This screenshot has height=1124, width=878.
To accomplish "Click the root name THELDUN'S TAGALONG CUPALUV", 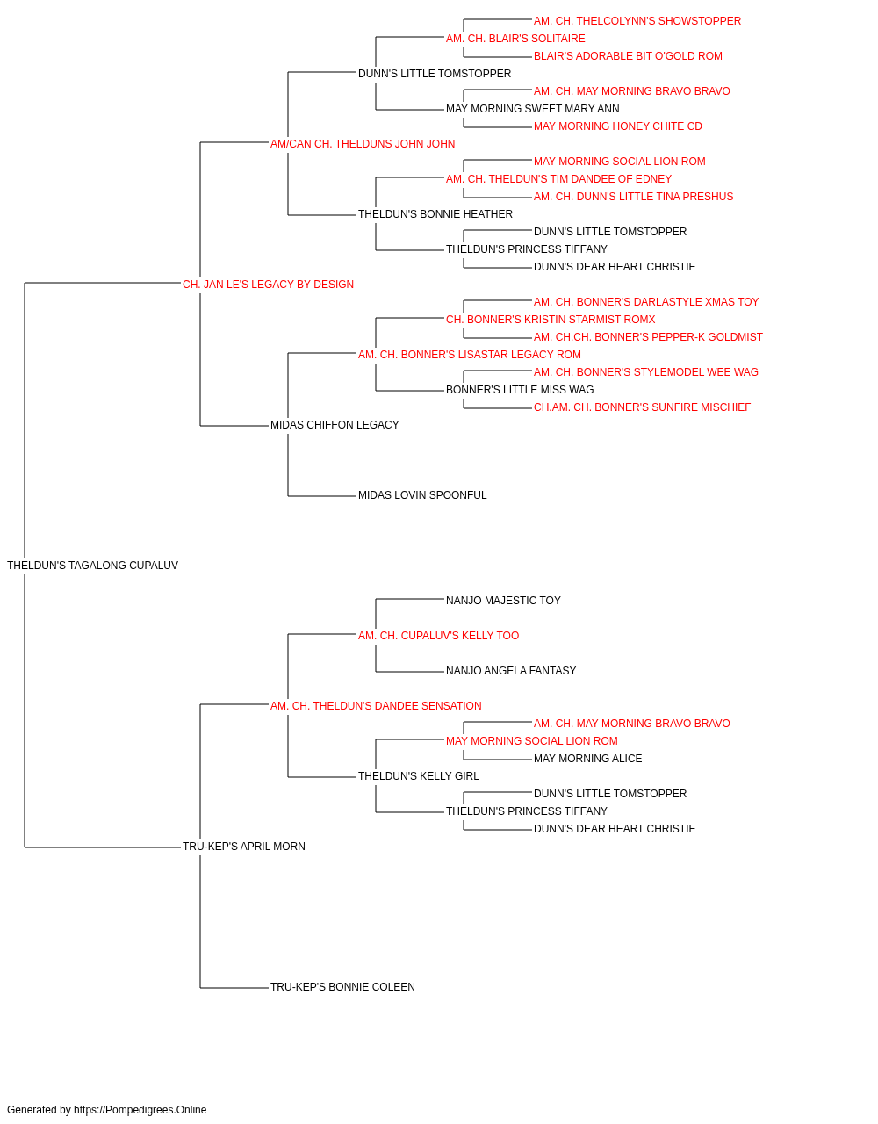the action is [92, 566].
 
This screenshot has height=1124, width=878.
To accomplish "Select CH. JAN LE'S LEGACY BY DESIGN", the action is [268, 285].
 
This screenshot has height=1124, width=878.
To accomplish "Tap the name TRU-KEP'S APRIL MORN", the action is [243, 847].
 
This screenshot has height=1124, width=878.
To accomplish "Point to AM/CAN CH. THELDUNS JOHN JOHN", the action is [363, 144].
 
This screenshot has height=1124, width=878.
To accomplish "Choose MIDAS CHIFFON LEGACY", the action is [335, 425].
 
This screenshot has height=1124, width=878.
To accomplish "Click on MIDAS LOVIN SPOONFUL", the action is [422, 495].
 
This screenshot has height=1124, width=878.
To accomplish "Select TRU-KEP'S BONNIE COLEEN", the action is [342, 987].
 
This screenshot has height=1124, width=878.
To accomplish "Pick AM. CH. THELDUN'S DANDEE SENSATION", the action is [376, 706].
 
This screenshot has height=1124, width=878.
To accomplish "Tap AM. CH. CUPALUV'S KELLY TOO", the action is [438, 636].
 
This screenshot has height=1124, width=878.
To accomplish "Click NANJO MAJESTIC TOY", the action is [503, 601].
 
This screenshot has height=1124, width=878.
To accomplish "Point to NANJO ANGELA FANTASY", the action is [511, 671].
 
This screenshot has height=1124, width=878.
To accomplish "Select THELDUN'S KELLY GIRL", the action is [418, 776].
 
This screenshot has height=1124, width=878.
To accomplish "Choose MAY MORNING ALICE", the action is [587, 759].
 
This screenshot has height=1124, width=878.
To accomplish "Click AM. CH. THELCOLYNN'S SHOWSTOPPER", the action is [637, 21].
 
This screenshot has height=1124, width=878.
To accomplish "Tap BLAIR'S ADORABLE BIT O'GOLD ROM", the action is [628, 56].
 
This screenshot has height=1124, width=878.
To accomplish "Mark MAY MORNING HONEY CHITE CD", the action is [618, 126].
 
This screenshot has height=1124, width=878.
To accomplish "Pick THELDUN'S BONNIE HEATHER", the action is [435, 214].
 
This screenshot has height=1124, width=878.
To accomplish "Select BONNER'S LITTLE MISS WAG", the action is [520, 390].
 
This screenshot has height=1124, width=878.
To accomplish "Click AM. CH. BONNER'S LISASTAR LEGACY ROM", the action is [470, 355].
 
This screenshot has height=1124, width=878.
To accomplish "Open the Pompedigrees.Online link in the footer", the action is [140, 1110].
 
